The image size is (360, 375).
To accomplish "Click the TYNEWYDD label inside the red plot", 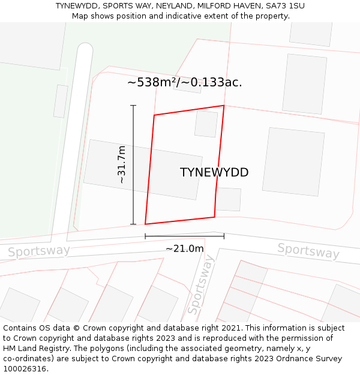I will (214, 173).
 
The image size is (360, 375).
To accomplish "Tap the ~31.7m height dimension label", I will (121, 164).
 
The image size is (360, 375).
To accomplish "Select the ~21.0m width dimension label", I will (184, 248).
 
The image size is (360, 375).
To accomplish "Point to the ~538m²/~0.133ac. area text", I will (185, 83).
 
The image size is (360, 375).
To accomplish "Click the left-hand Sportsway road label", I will (38, 251).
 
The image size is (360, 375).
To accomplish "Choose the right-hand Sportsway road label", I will (308, 251).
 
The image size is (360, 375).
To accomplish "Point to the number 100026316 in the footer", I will (24, 369).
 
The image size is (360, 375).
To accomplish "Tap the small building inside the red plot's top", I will (206, 124).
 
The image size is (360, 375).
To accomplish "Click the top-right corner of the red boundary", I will (224, 106).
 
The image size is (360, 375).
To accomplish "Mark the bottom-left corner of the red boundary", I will (145, 224).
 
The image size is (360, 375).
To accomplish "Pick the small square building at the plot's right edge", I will (229, 199).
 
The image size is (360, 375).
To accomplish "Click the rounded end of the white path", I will (85, 50).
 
